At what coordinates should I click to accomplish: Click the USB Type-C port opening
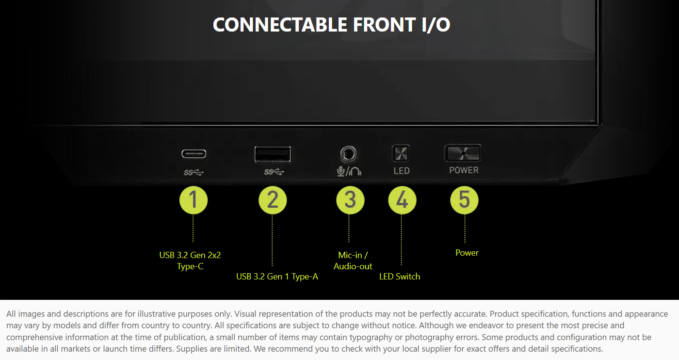[194, 154]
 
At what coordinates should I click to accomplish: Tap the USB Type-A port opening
[273, 154]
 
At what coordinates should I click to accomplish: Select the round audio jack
[349, 154]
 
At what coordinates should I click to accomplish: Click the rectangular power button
[463, 153]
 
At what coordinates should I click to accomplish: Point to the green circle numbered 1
[194, 200]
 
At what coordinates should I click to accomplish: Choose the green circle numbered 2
[273, 200]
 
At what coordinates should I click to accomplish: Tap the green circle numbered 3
[350, 200]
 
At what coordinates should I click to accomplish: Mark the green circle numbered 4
[402, 200]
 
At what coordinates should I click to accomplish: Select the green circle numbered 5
[465, 200]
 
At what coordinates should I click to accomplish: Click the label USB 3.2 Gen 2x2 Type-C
[190, 261]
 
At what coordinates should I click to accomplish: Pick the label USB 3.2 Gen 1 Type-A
[277, 277]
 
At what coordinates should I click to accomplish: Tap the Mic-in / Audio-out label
[353, 261]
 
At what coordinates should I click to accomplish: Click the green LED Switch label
[400, 277]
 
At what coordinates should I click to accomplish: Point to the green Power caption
[467, 253]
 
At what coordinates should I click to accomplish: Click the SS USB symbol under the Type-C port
[194, 173]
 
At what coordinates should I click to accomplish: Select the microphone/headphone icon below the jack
[349, 171]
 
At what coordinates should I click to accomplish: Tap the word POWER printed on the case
[464, 170]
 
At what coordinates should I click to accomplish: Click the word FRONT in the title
[384, 25]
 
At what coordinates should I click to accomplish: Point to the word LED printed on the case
[402, 171]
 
